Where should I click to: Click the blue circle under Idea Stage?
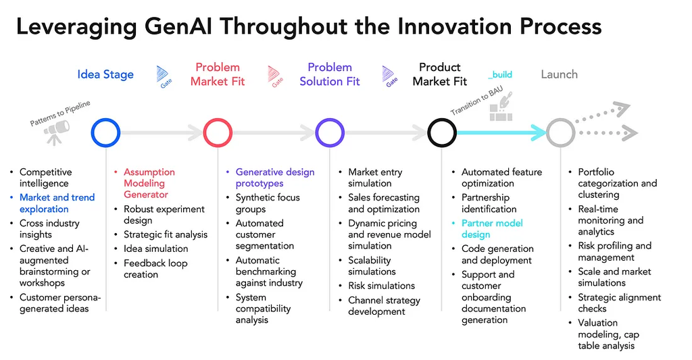coord(105,133)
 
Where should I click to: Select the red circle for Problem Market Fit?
coord(218,133)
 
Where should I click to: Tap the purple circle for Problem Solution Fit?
coord(330,133)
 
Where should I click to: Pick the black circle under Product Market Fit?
coord(442,133)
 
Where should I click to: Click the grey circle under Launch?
coord(560,133)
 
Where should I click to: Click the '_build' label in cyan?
coord(500,74)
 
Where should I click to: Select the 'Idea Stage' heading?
coord(105,74)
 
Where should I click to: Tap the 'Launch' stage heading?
coord(559,74)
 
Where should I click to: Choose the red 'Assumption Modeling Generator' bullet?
coord(149,183)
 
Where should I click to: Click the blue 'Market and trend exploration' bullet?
coord(57,203)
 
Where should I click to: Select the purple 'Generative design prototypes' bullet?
coord(274,178)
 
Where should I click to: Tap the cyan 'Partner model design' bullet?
coord(492,229)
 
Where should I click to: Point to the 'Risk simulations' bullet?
coord(381,286)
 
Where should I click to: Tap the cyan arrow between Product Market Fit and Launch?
coord(500,133)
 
